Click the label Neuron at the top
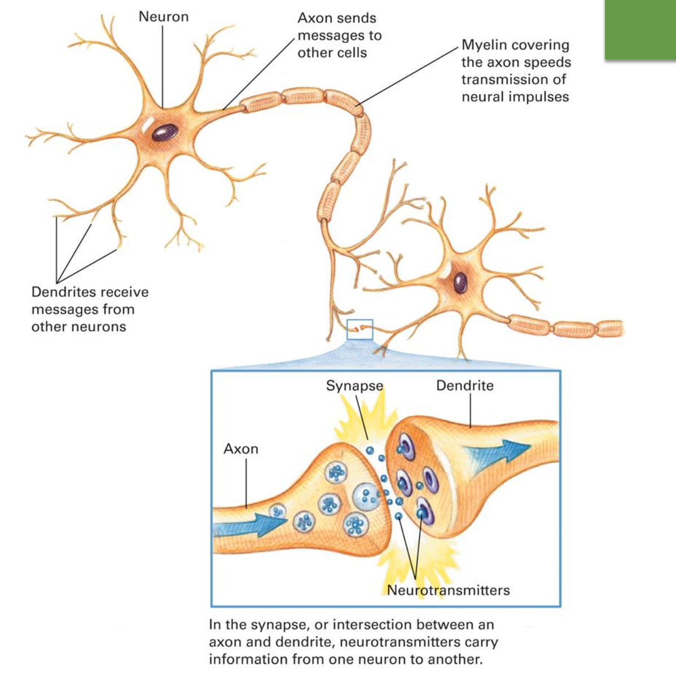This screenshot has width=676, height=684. (x=164, y=17)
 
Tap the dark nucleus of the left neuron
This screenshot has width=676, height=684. (x=164, y=132)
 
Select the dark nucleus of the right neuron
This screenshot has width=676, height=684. (x=460, y=282)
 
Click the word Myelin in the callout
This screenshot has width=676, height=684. (x=484, y=45)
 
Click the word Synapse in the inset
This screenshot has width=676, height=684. (x=354, y=386)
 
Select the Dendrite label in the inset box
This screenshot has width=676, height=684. (x=464, y=386)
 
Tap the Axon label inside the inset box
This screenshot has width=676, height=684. (x=241, y=449)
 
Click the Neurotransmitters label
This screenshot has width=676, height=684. (x=449, y=590)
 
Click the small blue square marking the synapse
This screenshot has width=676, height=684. (x=359, y=329)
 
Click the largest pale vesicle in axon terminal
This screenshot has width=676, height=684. (x=367, y=497)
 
